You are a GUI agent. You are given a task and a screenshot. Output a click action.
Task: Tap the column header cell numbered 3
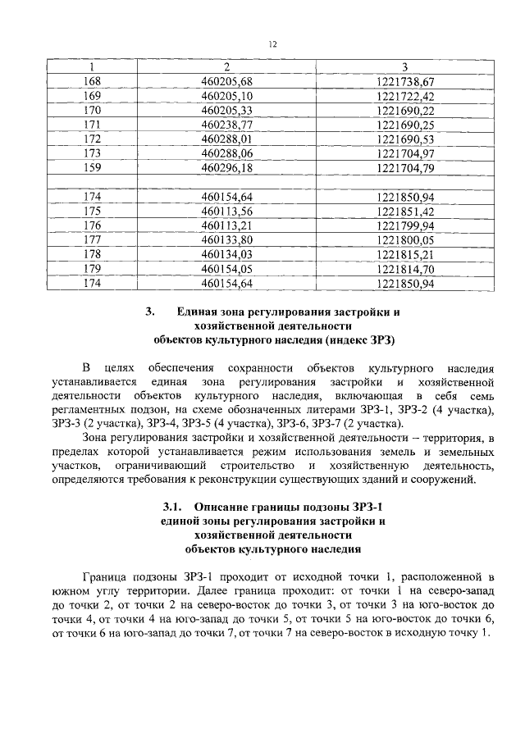[x=404, y=66]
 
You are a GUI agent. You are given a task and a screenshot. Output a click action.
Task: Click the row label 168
[x=93, y=80]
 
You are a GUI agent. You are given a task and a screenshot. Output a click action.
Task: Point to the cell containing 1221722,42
[x=404, y=95]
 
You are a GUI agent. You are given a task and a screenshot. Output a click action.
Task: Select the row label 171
[x=93, y=125]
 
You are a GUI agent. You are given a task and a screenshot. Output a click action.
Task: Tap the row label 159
[x=93, y=168]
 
